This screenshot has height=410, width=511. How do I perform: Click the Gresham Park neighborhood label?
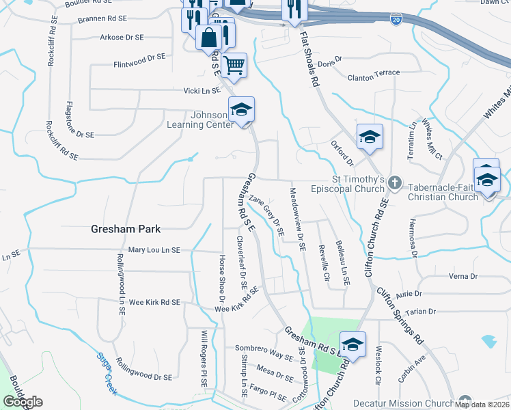point(125,230)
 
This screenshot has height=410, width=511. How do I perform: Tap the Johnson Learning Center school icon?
point(241,110)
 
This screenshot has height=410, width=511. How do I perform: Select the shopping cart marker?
point(234,66)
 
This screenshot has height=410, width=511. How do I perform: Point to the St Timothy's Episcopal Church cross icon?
point(394,182)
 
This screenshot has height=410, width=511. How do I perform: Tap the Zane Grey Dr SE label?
point(266,216)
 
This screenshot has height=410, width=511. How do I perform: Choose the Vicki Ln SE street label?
point(202,90)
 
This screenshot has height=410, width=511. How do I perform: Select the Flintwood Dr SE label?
point(140,65)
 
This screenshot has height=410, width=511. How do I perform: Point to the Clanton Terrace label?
point(374,77)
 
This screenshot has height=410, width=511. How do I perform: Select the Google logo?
point(23,401)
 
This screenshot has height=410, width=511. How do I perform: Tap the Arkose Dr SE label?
point(122,37)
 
